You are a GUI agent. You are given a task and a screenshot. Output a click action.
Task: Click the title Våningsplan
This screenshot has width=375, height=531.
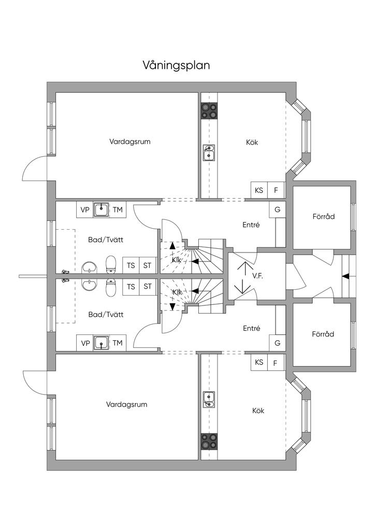176,66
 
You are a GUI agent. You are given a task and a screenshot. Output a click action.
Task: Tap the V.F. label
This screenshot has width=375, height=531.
257,276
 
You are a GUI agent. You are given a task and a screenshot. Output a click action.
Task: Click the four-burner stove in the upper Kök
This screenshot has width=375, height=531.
209,110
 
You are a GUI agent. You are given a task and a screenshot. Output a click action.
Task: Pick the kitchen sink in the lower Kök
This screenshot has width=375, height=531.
209,399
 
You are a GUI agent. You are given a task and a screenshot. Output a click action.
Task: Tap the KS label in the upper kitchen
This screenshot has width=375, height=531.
259,190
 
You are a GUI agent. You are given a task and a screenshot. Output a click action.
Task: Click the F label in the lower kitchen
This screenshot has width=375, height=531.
276,362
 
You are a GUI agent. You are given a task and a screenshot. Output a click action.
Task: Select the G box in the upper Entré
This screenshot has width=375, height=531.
277,209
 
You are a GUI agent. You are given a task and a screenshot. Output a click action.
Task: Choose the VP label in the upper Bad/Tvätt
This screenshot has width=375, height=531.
85,209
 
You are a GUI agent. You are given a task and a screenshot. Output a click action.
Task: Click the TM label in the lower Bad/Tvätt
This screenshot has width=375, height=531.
118,342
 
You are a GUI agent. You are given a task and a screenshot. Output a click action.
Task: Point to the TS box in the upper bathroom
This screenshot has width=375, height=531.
131,265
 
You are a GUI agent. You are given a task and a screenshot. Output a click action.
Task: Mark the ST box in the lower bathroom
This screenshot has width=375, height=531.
148,286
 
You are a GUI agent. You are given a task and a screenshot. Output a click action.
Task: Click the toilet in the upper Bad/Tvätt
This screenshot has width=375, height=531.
110,264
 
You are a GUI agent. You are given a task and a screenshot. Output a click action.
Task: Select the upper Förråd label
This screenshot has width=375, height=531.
323,216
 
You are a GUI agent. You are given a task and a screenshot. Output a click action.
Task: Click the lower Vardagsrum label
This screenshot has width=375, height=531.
127,404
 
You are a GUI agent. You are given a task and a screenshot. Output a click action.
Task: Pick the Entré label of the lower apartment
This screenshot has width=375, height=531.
251,328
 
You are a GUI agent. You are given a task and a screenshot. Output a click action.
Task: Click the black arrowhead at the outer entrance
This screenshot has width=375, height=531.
346,276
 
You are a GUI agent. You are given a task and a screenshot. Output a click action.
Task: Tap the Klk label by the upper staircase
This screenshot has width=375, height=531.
177,259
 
